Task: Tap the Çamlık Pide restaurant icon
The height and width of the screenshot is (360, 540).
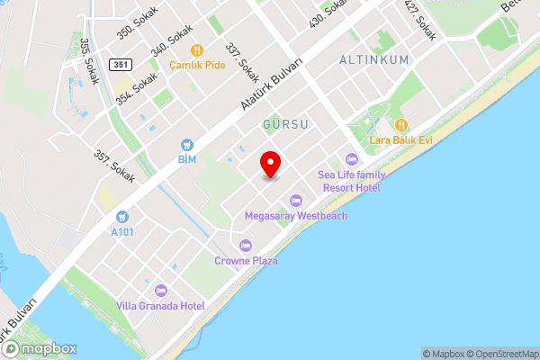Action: coord(196,50)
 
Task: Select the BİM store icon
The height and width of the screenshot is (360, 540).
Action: coord(187,144)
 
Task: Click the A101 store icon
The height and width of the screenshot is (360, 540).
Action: coord(122,217)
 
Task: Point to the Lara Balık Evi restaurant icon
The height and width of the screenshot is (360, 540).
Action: coord(401,125)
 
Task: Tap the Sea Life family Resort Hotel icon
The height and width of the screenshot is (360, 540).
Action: coord(351,159)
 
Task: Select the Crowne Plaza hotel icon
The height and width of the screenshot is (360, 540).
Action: coord(246,246)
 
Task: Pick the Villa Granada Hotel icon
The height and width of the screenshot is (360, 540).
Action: coord(161,290)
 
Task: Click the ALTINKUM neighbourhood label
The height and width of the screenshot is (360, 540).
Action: coord(374,59)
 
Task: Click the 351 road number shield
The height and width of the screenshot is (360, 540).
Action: coord(121,64)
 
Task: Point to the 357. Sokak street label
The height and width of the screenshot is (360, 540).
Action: coord(113,166)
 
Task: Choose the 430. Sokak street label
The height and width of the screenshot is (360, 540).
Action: coord(328,13)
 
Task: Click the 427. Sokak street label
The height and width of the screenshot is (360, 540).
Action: coord(420,20)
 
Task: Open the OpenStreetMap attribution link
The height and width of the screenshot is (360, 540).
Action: coord(502,354)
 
